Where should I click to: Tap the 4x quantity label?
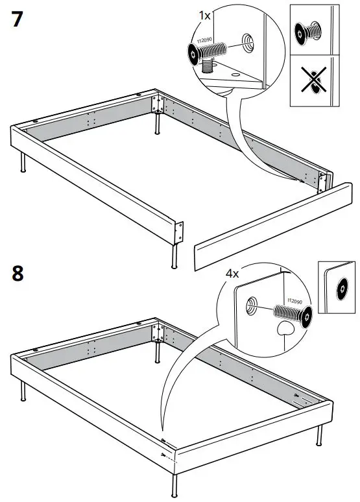(232, 274)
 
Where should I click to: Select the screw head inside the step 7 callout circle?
(195, 53)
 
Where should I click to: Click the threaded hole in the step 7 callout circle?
(248, 42)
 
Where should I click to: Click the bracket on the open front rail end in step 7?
(180, 231)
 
